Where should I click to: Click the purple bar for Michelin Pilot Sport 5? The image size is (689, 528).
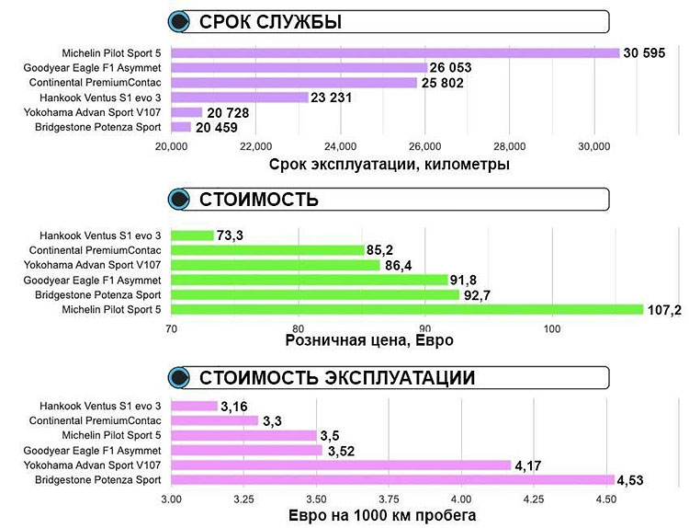[x=395, y=52]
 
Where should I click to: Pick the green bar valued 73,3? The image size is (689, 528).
[x=192, y=235]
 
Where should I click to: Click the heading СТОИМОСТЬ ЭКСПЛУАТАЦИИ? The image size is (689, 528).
[x=337, y=377]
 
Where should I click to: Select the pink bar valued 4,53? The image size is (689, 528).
[x=392, y=479]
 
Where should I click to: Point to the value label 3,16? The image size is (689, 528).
[x=238, y=406]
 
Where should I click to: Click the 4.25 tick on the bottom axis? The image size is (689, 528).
[x=534, y=499]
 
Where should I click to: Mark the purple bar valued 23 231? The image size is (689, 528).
[x=239, y=97]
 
